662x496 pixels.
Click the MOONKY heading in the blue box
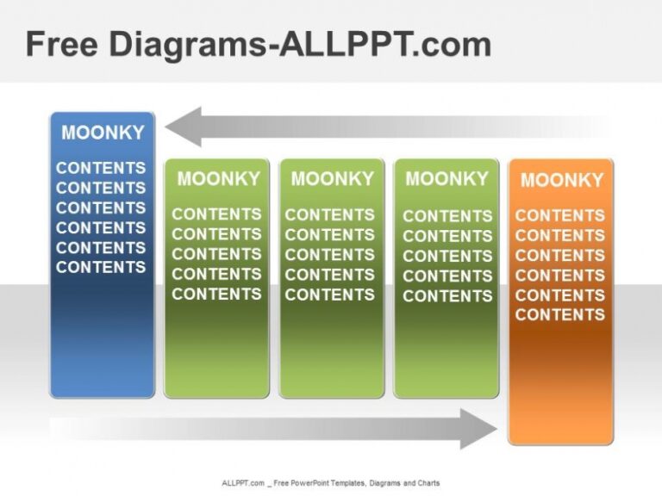[x=103, y=133]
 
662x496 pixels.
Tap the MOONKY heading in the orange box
[x=561, y=180]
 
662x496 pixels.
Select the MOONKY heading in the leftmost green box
[x=218, y=178]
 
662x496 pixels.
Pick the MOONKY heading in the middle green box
[x=332, y=178]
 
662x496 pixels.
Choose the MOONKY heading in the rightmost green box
[x=447, y=178]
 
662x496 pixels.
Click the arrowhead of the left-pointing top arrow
[x=183, y=127]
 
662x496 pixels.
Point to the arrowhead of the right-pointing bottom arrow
[x=479, y=428]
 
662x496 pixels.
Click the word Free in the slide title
[x=63, y=44]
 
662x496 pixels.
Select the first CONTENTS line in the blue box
[x=101, y=168]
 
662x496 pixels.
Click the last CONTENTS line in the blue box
[x=101, y=267]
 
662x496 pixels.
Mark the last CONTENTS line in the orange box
[x=560, y=314]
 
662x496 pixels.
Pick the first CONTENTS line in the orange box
[x=560, y=215]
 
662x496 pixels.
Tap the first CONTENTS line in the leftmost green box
[x=216, y=214]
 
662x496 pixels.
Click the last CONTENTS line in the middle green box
[x=330, y=294]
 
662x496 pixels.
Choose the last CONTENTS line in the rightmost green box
[x=447, y=295]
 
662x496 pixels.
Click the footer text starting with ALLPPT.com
[x=330, y=483]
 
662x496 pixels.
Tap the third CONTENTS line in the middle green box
[x=330, y=255]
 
